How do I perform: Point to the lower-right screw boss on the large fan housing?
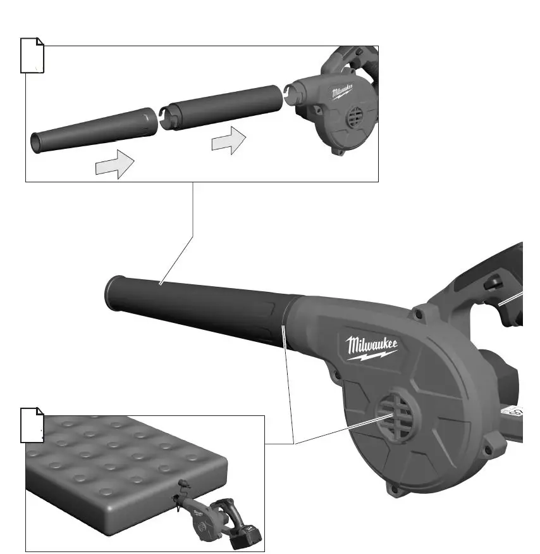click(x=487, y=451)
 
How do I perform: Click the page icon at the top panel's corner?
click(x=32, y=56)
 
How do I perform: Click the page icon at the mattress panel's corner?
click(x=32, y=425)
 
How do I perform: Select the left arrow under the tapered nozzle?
click(x=114, y=167)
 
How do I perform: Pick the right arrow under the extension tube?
click(x=228, y=141)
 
